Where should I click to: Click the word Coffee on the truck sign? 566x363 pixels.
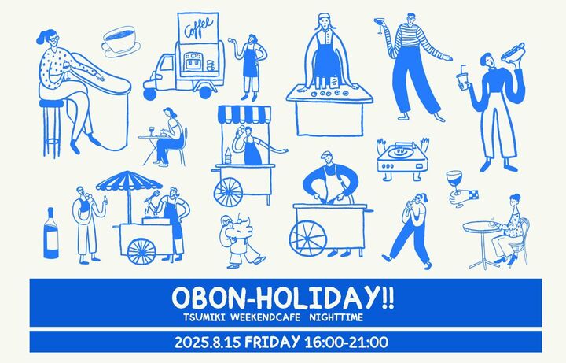pos(198,28)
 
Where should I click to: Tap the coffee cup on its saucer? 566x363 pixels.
pos(121,42)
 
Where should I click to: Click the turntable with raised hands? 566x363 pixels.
pos(402,159)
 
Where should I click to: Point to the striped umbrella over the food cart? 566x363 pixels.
pos(129,181)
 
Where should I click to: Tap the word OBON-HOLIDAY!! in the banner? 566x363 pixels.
pos(283,298)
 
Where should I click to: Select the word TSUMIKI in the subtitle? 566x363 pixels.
pos(204,318)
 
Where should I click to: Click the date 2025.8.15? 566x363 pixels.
pos(208,342)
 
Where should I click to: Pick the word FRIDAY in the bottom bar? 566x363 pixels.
pos(272,342)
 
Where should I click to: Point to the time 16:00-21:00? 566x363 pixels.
pos(347,342)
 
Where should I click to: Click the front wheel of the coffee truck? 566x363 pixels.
pos(149,94)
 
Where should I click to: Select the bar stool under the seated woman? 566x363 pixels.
pos(52,128)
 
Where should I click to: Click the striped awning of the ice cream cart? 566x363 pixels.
pos(244,114)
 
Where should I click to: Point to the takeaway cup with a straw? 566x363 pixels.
pos(462,79)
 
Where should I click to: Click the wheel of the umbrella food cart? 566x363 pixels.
pos(141,251)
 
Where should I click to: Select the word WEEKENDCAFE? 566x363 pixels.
pos(266,318)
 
